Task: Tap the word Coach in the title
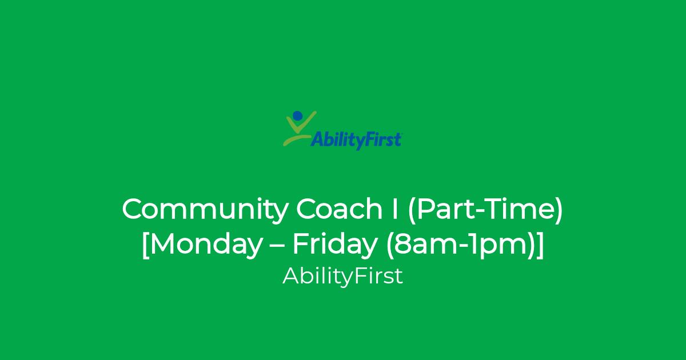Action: (x=339, y=209)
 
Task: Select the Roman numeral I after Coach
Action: (x=395, y=209)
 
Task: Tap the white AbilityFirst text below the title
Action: (x=342, y=277)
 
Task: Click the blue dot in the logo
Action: (x=297, y=115)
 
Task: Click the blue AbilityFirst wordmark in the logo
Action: (x=356, y=141)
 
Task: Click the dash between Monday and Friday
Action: (x=278, y=246)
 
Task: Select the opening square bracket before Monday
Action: (x=145, y=246)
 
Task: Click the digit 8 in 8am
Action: (x=401, y=244)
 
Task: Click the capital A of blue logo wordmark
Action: (x=318, y=139)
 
